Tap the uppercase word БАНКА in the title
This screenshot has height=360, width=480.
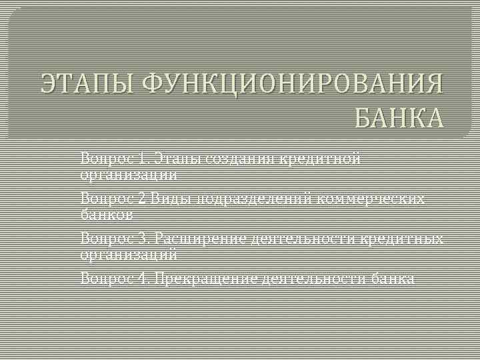[x=399, y=119]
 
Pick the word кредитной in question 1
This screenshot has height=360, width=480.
[x=319, y=159]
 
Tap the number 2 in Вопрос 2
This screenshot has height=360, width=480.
[x=144, y=199]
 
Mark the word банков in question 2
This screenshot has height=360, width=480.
[x=107, y=215]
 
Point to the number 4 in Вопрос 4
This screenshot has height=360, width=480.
[x=145, y=278]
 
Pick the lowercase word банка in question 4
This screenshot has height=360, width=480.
[x=393, y=278]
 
